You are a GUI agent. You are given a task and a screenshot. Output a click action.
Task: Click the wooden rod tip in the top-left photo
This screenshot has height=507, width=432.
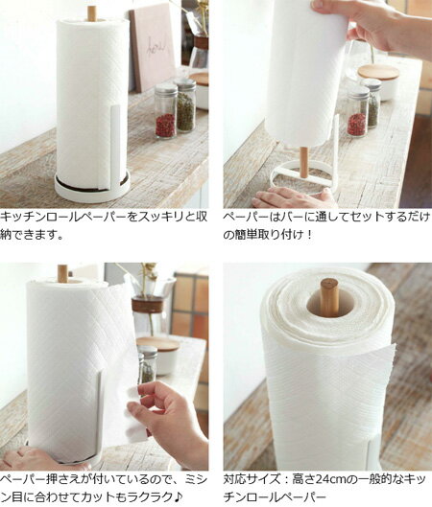91,12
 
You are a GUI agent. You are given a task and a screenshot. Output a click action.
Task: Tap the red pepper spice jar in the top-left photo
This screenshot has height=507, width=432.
165,111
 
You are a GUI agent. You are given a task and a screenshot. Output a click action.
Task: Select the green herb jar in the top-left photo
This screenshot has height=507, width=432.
186,105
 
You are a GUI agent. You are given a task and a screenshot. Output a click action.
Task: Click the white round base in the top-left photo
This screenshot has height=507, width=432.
92,192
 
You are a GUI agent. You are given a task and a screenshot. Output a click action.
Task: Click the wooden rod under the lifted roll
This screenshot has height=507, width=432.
303,162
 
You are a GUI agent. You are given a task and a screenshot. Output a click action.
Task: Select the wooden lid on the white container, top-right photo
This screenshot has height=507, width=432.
378,72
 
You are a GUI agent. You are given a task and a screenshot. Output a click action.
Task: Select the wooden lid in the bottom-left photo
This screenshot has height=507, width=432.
157,343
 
